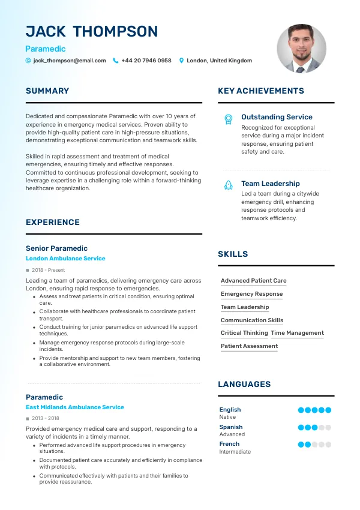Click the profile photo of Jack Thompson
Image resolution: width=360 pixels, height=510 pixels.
coord(301,49)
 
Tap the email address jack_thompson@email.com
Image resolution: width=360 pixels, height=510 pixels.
coord(70,61)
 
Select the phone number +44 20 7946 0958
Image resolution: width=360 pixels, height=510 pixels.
coord(146,61)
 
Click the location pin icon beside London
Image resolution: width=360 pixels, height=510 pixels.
coord(182,61)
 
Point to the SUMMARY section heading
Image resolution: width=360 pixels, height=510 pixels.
coord(47,91)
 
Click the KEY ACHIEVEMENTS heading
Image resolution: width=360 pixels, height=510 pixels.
coord(261,91)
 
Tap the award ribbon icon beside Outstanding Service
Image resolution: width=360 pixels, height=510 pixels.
coord(228,119)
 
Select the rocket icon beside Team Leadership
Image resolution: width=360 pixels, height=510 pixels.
coord(228,185)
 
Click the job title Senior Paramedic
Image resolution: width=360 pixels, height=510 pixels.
coord(56,248)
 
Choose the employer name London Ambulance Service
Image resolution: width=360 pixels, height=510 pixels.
coord(65,259)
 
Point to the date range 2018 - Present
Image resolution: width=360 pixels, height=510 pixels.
coord(49,271)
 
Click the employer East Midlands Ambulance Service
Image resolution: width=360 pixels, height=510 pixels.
coord(75,407)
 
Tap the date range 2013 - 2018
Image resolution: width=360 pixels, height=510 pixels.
coord(46,418)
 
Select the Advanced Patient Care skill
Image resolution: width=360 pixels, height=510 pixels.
coord(253,281)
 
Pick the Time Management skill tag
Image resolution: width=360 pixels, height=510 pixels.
coord(297,333)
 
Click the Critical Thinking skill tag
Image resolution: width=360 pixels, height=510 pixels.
coord(244,333)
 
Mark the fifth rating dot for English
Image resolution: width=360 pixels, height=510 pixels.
coord(328,410)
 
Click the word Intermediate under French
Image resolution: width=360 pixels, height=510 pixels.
coord(235,452)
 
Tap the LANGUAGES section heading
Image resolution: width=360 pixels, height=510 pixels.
coord(244,385)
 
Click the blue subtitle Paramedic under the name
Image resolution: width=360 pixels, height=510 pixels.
coord(46,49)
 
